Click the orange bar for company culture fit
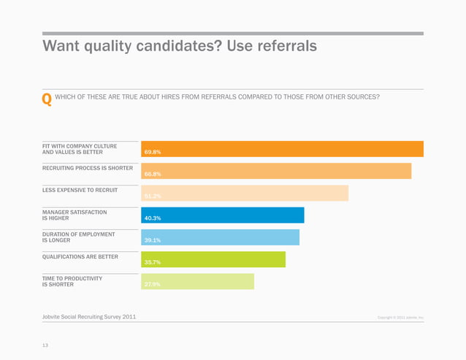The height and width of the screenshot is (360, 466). tap(282, 149)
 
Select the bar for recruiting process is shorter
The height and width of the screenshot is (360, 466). tap(276, 171)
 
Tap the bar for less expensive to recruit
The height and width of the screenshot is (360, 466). tap(245, 193)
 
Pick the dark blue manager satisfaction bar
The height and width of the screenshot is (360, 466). tap(222, 215)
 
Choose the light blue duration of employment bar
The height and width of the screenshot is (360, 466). tap(220, 237)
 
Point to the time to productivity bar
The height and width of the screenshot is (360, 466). tap(197, 281)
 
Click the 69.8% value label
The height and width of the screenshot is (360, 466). tap(153, 153)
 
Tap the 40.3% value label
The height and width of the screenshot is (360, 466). tap(153, 218)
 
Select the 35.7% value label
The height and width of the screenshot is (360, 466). tap(153, 262)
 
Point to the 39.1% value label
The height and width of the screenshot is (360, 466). tap(153, 240)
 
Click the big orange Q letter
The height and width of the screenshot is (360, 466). tap(47, 99)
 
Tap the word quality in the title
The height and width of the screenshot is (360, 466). tap(117, 47)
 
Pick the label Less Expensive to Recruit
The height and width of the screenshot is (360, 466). tap(80, 190)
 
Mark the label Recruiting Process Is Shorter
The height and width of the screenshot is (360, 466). tap(88, 168)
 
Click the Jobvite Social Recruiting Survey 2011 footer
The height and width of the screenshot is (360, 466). tap(88, 316)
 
